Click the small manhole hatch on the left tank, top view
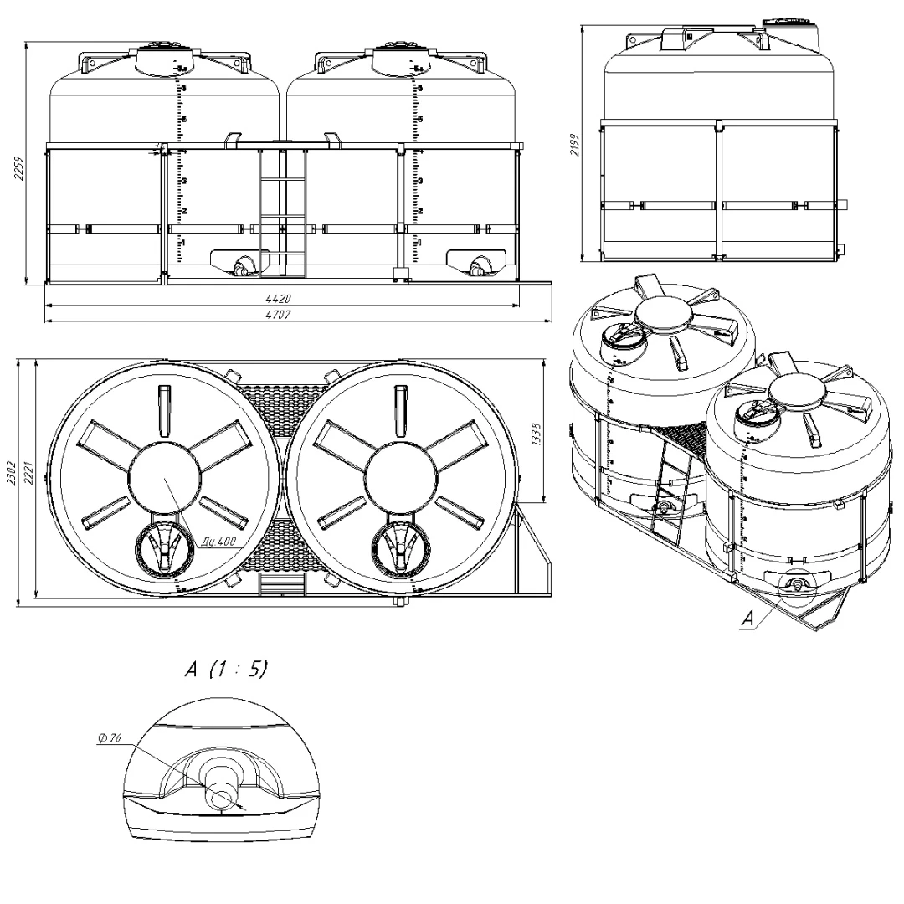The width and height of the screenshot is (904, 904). [x=163, y=548]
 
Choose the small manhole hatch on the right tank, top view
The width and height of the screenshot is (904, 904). [x=400, y=548]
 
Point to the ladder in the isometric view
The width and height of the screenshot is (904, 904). [x=670, y=494]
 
